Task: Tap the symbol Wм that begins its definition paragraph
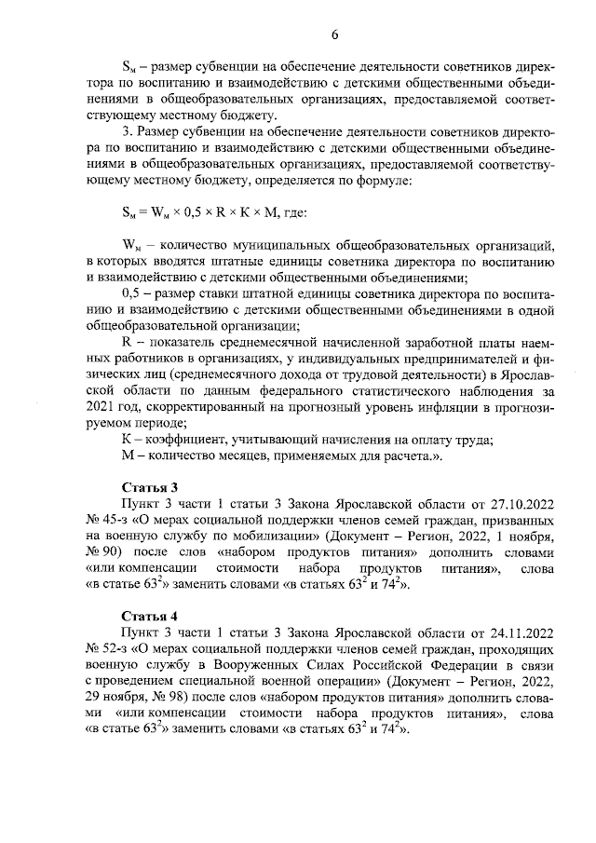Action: (131, 245)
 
